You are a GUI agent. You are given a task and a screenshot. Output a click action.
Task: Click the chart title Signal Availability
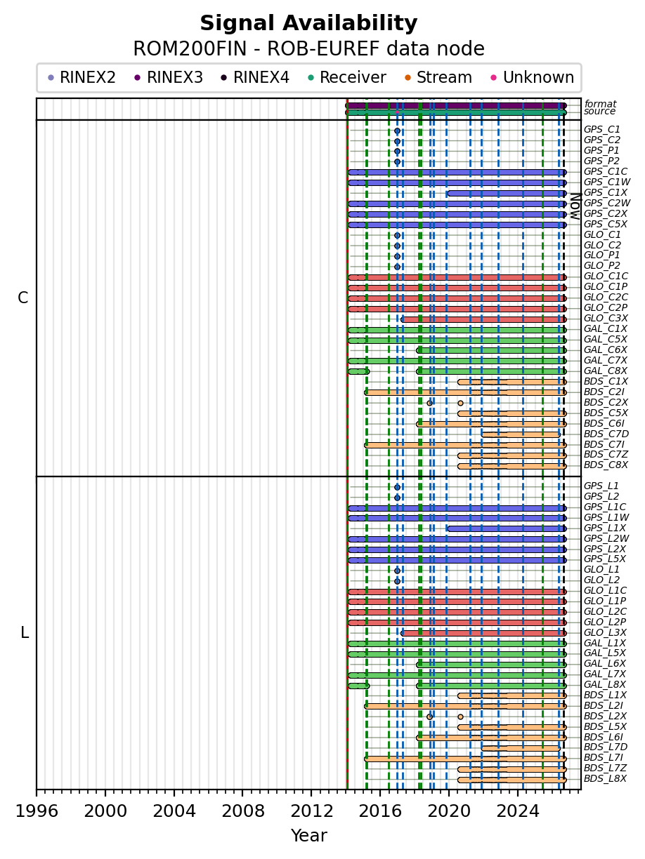point(308,23)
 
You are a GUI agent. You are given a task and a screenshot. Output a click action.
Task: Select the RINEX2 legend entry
point(82,77)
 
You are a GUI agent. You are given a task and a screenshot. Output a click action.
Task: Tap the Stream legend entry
point(438,77)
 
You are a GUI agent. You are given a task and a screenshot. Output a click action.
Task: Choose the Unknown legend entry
point(533,77)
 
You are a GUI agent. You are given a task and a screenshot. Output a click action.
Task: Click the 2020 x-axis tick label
point(449,811)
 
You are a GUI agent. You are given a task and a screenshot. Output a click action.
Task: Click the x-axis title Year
point(308,836)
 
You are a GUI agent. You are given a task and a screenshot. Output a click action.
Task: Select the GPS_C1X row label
point(605,192)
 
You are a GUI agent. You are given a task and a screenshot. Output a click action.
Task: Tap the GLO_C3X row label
point(606,318)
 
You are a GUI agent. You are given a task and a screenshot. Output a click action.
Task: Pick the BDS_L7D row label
point(606,747)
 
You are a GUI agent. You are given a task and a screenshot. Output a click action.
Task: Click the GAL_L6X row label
point(605,663)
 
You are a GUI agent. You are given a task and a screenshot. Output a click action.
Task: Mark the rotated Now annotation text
point(575,206)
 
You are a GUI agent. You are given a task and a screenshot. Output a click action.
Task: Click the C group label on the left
point(23,298)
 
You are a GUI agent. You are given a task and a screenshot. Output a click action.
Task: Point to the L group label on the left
point(25,632)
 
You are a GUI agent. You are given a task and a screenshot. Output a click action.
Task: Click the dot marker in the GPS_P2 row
point(397,161)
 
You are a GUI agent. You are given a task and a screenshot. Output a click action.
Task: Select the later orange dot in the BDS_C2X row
point(460,403)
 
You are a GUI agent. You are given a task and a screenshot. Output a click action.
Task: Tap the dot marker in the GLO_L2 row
point(397,581)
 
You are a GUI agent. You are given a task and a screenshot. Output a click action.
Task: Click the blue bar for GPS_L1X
point(507,528)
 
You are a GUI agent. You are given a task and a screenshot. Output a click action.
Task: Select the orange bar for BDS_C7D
point(521,434)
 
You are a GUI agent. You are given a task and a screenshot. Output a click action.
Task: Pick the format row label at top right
point(600,104)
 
